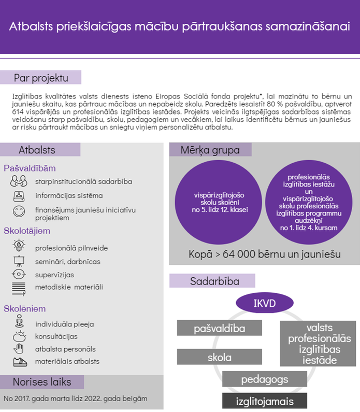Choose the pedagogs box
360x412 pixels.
265,379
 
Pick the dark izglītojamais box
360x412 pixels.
265,401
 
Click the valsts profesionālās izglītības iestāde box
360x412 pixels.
318,344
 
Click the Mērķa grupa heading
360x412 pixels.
210,150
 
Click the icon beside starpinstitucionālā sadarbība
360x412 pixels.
19,181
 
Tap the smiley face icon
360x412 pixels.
19,211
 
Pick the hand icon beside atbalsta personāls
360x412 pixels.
19,348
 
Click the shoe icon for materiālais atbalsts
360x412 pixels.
19,361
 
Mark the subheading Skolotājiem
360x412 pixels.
27,230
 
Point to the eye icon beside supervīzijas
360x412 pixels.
19,274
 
